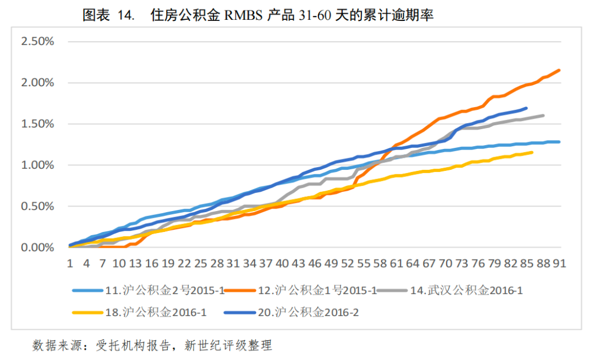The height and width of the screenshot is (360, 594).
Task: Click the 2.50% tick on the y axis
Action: [x=37, y=41]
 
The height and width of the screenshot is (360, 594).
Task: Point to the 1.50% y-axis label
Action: [x=37, y=124]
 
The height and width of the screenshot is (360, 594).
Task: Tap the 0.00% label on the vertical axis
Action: [x=37, y=248]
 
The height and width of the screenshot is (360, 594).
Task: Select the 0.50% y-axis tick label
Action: [x=37, y=207]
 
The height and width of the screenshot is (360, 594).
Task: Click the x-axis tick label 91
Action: [x=559, y=263]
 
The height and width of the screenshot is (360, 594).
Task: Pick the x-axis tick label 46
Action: [x=315, y=263]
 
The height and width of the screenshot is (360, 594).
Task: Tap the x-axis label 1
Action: [x=70, y=263]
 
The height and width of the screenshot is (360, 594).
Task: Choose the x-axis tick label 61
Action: [x=396, y=263]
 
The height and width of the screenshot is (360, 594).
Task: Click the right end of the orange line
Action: [x=559, y=70]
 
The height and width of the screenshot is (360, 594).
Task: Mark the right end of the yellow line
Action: [x=532, y=152]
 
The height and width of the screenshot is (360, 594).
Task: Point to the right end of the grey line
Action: [x=543, y=115]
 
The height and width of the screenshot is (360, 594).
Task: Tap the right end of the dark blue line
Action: [x=526, y=108]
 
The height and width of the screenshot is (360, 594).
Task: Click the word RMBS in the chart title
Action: [x=242, y=16]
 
